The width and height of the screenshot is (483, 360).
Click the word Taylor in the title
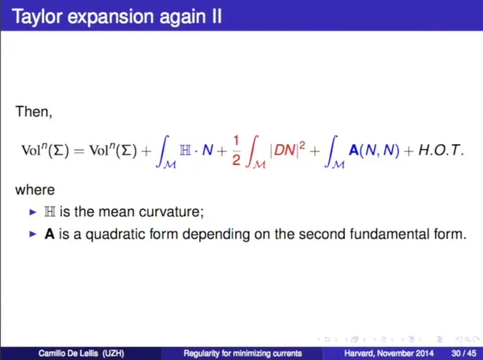[x=37, y=17]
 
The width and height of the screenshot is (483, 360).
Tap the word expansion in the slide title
[x=111, y=17]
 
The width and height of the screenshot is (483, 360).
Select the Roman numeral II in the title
[x=217, y=15]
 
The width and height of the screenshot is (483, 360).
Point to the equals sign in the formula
[x=79, y=151]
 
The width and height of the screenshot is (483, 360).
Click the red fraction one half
[x=236, y=151]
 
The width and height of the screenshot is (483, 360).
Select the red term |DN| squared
[x=288, y=149]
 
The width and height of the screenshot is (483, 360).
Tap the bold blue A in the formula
[x=353, y=150]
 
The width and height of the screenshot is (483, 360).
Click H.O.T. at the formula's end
[x=441, y=150]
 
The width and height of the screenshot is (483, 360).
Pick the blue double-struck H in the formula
[x=185, y=150]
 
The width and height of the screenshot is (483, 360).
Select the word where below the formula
[x=35, y=190]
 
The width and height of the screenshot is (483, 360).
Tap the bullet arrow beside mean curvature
[x=33, y=212]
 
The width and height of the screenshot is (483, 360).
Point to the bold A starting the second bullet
[x=50, y=233]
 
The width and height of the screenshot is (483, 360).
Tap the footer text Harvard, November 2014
[x=389, y=353]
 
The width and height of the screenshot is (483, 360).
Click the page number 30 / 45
[x=464, y=353]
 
